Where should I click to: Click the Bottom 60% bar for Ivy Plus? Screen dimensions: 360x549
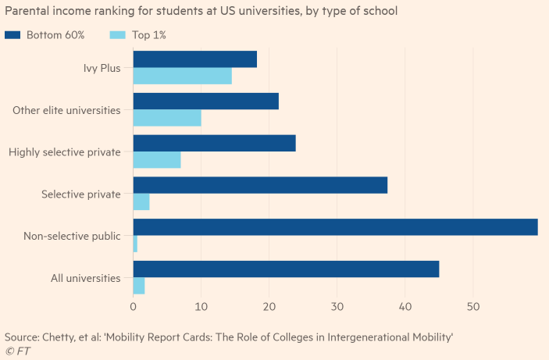[195, 59]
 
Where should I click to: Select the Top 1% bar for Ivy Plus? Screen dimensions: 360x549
[183, 76]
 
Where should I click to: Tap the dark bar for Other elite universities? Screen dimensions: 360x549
[206, 101]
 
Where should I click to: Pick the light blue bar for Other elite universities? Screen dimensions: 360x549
[167, 118]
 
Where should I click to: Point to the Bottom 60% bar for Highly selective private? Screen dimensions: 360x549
[215, 143]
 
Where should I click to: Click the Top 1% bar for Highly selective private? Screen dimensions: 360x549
[157, 160]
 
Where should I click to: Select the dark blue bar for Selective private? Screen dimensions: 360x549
[260, 185]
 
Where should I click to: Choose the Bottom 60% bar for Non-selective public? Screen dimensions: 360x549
[336, 226]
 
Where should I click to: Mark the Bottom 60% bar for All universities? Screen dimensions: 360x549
[286, 269]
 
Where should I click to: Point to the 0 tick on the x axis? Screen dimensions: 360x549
[134, 308]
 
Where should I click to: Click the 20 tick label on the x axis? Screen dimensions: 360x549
[269, 308]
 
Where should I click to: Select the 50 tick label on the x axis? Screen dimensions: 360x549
[472, 308]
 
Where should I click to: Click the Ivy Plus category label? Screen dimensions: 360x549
[102, 68]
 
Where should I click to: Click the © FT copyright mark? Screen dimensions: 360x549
[17, 351]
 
